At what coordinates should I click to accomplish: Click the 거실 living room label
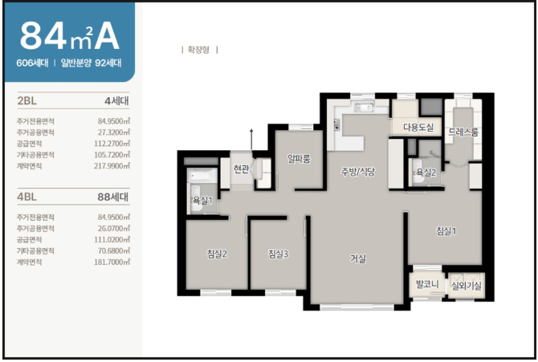358,258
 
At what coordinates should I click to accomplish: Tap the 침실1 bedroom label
446,231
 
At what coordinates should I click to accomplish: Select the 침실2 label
217,254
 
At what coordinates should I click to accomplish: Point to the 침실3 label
279,254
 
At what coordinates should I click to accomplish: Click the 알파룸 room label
300,158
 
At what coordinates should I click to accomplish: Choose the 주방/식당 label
357,171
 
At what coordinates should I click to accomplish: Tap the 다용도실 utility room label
418,128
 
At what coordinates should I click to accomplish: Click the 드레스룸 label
463,132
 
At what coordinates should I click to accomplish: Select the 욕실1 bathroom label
202,201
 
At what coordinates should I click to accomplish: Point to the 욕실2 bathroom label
426,173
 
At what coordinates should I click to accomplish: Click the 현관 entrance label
241,169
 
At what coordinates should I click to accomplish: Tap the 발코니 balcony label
427,284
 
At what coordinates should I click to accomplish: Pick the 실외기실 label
467,286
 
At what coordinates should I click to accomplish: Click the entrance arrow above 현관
251,140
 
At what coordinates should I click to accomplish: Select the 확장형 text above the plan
198,50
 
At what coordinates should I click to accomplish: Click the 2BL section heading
26,101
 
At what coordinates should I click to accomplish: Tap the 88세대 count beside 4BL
113,197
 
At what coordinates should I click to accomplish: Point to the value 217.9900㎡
112,166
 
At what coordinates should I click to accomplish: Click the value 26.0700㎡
113,229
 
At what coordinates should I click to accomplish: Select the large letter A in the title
107,35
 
